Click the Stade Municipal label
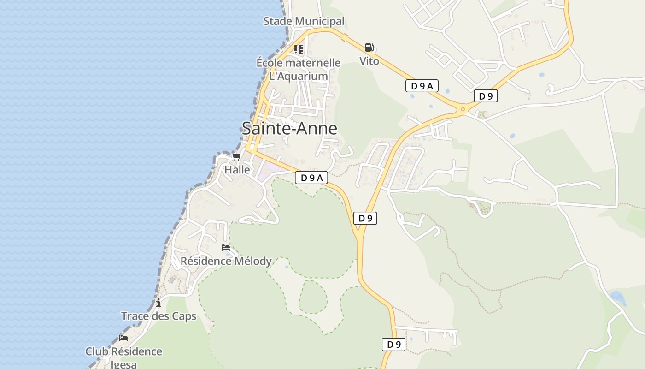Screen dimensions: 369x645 click(x=304, y=21)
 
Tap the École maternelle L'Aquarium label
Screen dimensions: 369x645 click(x=299, y=69)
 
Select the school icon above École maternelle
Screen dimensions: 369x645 click(x=299, y=49)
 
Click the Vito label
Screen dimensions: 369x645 click(x=369, y=61)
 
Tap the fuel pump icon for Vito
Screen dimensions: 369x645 click(x=369, y=48)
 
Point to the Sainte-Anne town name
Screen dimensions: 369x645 click(x=289, y=129)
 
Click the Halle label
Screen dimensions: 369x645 click(x=237, y=170)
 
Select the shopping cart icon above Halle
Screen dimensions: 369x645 click(x=236, y=157)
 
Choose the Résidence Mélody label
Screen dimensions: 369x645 click(x=226, y=261)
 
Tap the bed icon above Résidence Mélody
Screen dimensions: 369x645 click(x=226, y=248)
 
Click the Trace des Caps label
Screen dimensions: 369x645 click(x=158, y=316)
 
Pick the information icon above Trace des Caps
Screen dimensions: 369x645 click(x=158, y=303)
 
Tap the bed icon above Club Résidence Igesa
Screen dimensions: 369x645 click(x=123, y=338)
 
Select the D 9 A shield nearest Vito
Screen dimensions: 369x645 click(x=422, y=86)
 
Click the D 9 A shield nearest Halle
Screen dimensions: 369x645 click(x=311, y=178)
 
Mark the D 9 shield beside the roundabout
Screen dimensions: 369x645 click(x=486, y=96)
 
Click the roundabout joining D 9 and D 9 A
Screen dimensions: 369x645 click(x=463, y=109)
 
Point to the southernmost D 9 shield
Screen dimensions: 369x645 click(x=393, y=345)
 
